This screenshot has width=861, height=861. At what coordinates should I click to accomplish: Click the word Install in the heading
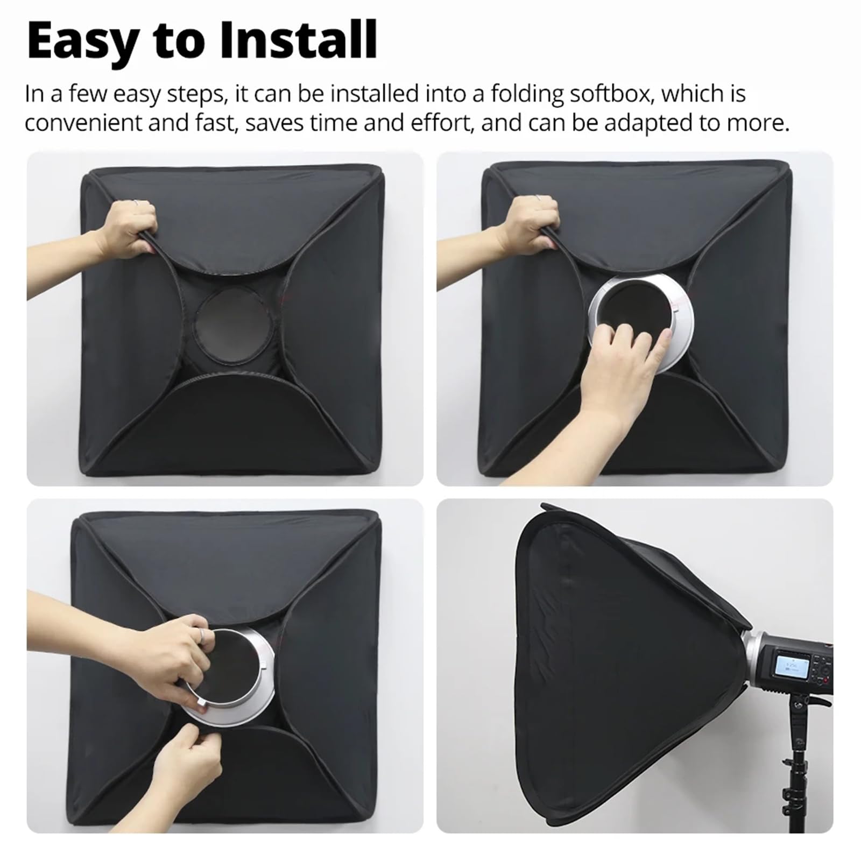click(299, 40)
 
